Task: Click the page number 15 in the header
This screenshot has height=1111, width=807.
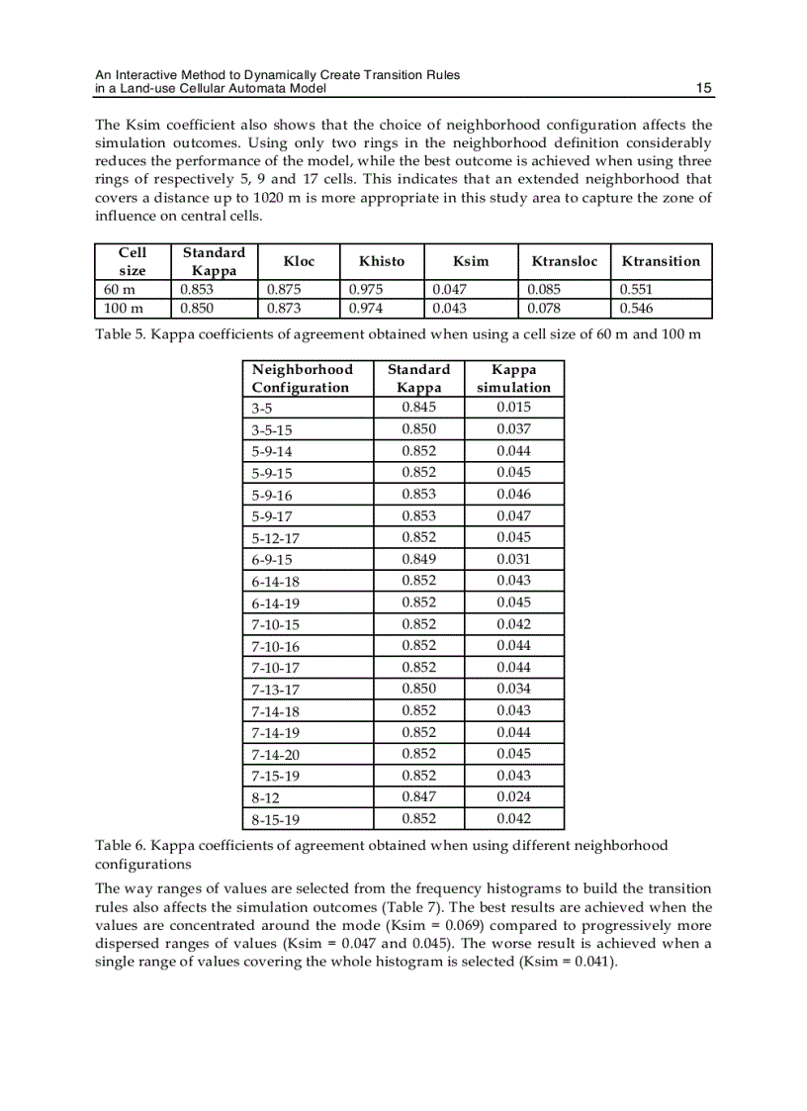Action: pyautogui.click(x=703, y=89)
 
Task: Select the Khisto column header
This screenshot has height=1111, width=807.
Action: pyautogui.click(x=382, y=261)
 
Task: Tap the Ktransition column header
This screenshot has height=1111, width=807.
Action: pyautogui.click(x=661, y=261)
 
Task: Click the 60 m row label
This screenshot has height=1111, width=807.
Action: pyautogui.click(x=120, y=290)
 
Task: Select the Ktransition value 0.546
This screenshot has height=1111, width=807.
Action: pyautogui.click(x=636, y=309)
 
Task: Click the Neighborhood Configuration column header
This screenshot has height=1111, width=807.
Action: pyautogui.click(x=302, y=378)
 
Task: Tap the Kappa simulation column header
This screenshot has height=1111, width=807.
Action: pyautogui.click(x=513, y=378)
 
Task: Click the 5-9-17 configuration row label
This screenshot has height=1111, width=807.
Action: pyautogui.click(x=272, y=516)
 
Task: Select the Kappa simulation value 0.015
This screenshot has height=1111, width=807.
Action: pyautogui.click(x=513, y=408)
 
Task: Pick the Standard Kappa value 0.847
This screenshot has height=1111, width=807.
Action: pyautogui.click(x=418, y=797)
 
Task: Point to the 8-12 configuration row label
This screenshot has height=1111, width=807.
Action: pyautogui.click(x=265, y=798)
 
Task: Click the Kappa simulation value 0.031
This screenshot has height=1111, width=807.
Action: pyautogui.click(x=513, y=559)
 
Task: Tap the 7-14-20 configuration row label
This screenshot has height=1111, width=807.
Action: pyautogui.click(x=276, y=755)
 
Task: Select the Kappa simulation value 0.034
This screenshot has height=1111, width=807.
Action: pyautogui.click(x=513, y=690)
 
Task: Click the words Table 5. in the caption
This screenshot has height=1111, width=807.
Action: pyautogui.click(x=121, y=334)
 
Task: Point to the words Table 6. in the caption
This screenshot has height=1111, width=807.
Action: pyautogui.click(x=121, y=845)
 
